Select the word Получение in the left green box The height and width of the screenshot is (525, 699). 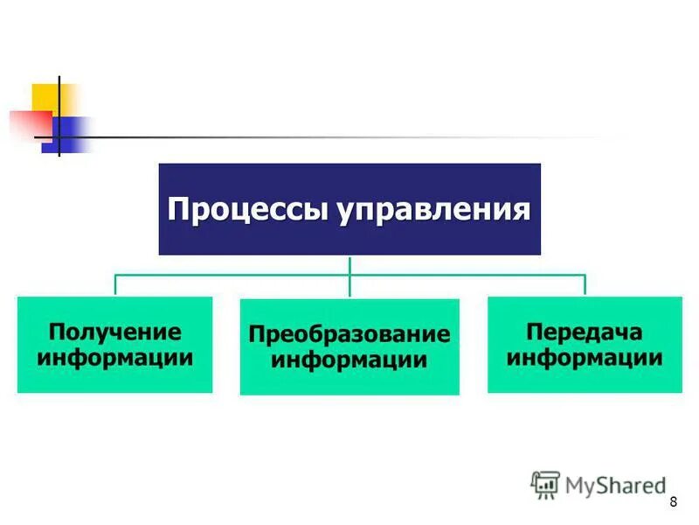pyautogui.click(x=114, y=332)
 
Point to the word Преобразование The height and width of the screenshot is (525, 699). pyautogui.click(x=349, y=334)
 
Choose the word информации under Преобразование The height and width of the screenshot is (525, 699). pyautogui.click(x=349, y=359)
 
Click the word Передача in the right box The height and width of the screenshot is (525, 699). pyautogui.click(x=585, y=332)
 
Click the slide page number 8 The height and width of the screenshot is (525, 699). pyautogui.click(x=673, y=501)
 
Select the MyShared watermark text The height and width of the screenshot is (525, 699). pyautogui.click(x=616, y=484)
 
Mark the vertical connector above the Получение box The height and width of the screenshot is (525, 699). pyautogui.click(x=115, y=285)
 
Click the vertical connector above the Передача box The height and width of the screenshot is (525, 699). pyautogui.click(x=585, y=285)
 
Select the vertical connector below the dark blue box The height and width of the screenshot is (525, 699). pyautogui.click(x=349, y=265)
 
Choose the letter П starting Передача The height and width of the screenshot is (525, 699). pyautogui.click(x=533, y=332)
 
